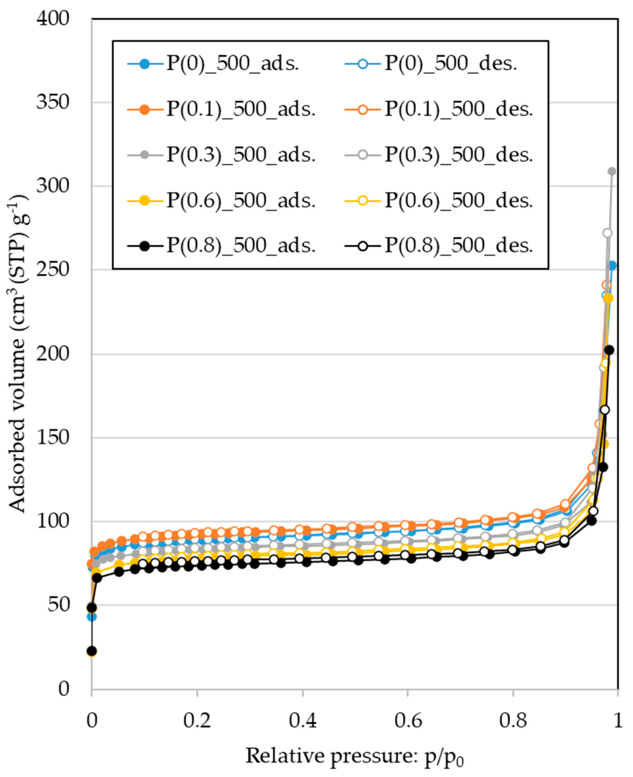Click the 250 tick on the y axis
pos(53,270)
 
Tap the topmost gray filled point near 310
pos(612,171)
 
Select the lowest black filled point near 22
pos(92,651)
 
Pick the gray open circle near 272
pos(607,233)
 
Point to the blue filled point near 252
pos(612,266)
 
